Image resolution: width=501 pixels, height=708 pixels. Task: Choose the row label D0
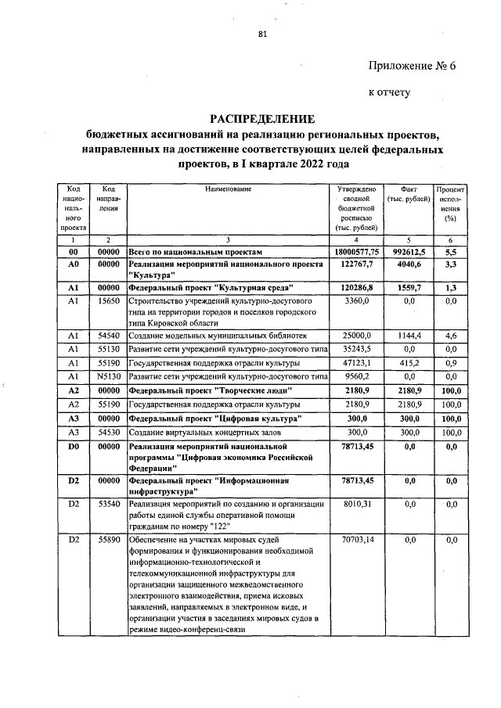(x=74, y=446)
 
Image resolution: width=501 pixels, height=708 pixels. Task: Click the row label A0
(x=74, y=266)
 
